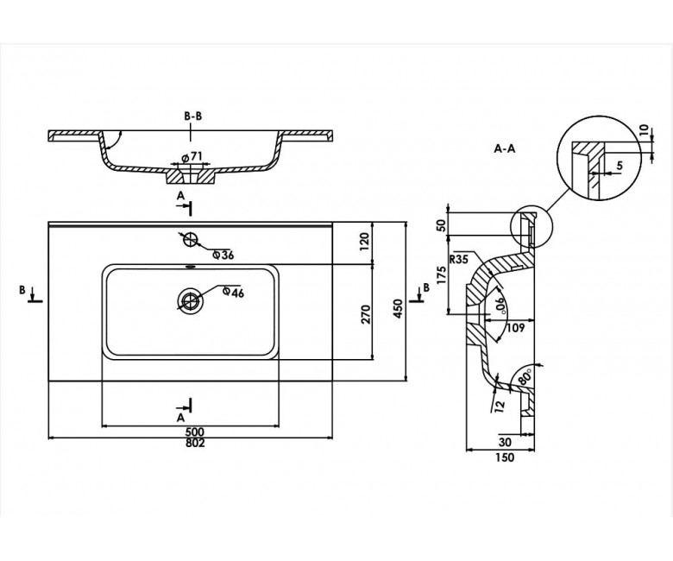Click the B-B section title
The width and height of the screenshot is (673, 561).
192,116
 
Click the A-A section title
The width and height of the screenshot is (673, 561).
505,149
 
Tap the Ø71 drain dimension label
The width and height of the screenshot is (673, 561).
192,157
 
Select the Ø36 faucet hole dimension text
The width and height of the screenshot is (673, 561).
223,255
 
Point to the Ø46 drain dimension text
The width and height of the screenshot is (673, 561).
234,293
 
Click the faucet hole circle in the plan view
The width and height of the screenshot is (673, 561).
190,240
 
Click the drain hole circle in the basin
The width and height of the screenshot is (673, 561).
190,299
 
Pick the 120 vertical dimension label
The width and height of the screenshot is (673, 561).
364,243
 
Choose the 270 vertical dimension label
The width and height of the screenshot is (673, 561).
365,314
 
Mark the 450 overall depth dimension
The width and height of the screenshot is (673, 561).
398,308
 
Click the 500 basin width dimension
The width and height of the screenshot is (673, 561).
195,432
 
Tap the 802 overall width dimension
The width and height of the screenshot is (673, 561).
195,443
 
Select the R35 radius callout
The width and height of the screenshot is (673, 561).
458,259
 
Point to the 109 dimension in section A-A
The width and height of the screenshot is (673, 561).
515,328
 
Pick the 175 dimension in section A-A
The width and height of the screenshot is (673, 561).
441,274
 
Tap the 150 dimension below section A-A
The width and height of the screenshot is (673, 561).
505,458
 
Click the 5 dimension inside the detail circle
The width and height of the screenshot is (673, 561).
620,166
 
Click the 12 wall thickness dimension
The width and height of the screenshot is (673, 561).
500,404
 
